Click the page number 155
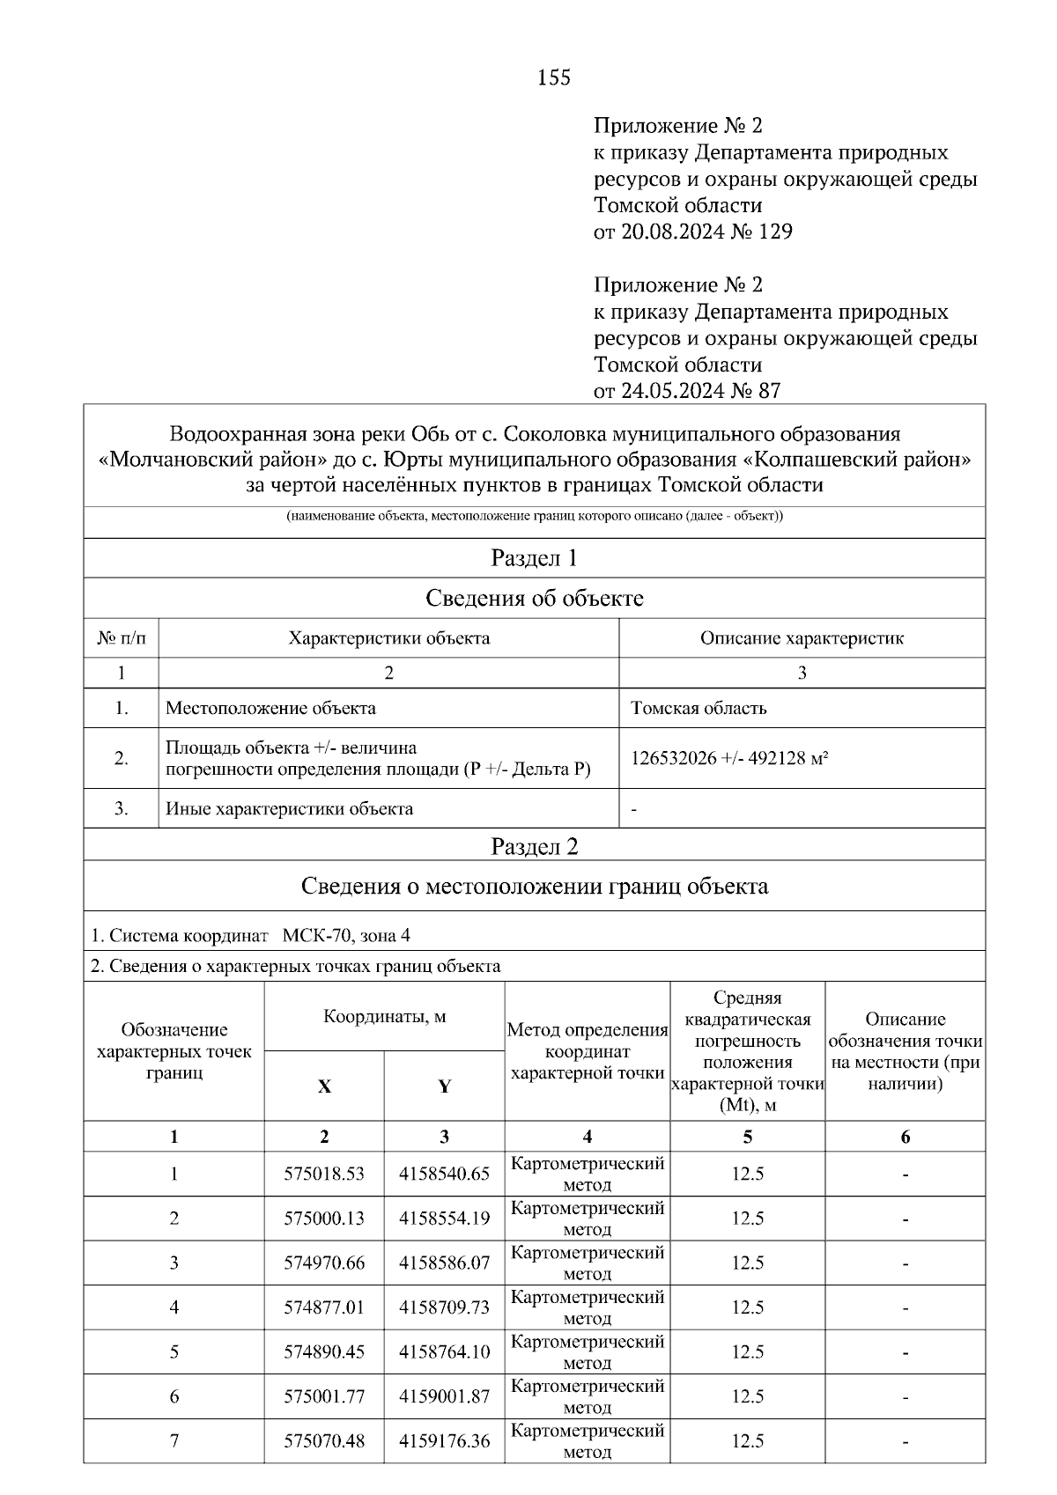[x=554, y=78]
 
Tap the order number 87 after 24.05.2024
[x=768, y=391]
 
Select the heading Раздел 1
[x=534, y=558]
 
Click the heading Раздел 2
[x=534, y=847]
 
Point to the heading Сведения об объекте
[x=534, y=599]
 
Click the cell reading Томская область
[x=699, y=709]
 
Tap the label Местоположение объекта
[x=270, y=709]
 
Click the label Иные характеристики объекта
[x=289, y=809]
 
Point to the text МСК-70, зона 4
[x=346, y=936]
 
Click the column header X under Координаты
[x=324, y=1087]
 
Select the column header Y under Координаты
[x=444, y=1087]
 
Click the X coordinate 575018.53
[x=324, y=1175]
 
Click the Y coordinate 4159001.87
[x=444, y=1397]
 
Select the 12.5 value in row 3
[x=747, y=1263]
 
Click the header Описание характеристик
[x=802, y=638]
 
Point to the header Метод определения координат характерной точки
[x=588, y=1052]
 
